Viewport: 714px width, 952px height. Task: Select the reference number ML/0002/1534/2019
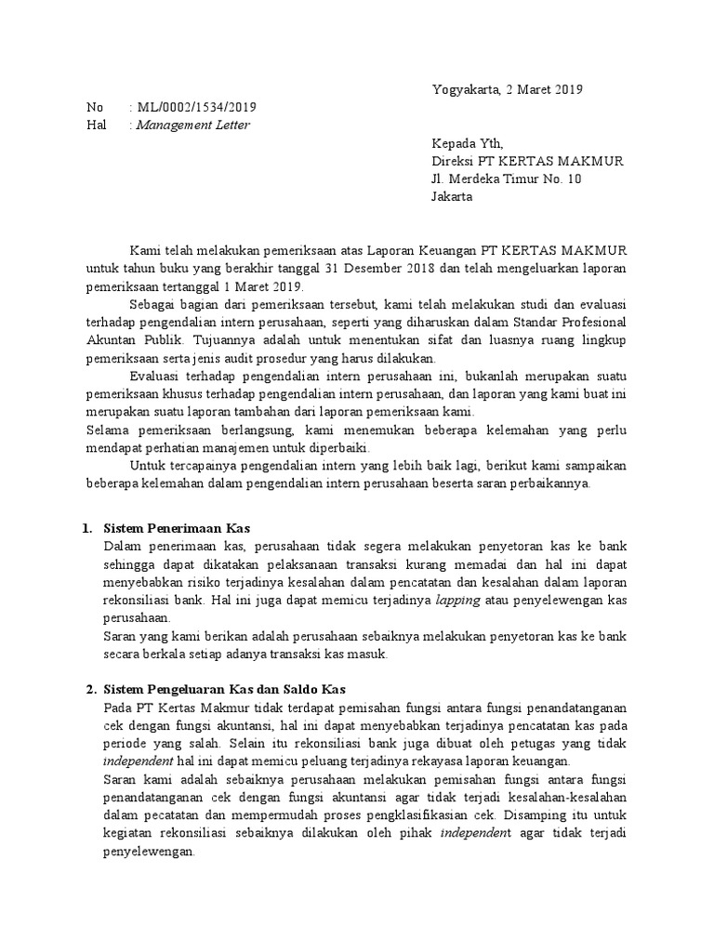197,108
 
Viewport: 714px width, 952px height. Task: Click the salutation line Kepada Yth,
467,143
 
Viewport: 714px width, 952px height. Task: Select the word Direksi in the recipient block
454,161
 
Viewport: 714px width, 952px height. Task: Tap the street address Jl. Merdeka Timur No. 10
506,178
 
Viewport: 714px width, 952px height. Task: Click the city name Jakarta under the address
452,196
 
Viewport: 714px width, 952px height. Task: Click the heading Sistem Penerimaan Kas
178,529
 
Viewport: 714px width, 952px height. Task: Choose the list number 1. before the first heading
86,529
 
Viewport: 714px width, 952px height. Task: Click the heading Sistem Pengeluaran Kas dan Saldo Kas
224,690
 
